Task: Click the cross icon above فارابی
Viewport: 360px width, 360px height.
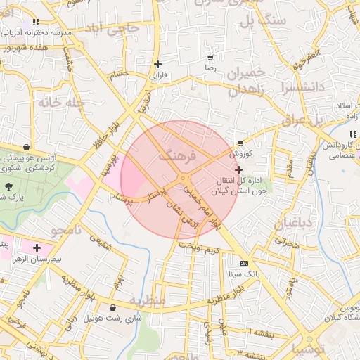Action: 158,64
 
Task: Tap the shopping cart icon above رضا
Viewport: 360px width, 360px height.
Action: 210,57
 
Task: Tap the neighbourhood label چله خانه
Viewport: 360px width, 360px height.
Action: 63,102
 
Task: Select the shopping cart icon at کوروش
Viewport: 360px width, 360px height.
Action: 240,143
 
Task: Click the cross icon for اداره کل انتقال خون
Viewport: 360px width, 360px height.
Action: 239,169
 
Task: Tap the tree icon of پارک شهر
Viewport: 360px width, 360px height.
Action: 9,186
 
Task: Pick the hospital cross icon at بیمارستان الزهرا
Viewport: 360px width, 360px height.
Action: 37,247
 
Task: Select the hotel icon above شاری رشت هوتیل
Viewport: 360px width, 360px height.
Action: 113,307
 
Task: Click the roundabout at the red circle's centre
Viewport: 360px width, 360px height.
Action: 183,180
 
